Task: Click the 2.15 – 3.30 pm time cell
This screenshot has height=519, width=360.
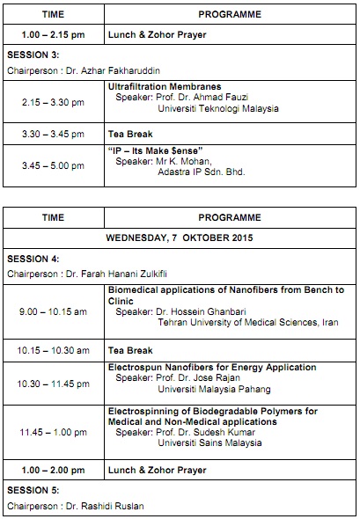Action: [x=54, y=103]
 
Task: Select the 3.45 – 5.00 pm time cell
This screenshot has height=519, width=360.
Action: [x=54, y=165]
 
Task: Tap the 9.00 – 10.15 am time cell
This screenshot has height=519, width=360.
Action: [x=54, y=311]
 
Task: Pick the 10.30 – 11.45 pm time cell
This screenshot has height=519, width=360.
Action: [x=54, y=384]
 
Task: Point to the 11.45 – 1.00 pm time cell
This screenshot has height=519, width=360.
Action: [x=54, y=432]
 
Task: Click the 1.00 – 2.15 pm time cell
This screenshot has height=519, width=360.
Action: [x=54, y=34]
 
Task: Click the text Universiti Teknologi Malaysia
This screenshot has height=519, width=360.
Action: [x=217, y=109]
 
